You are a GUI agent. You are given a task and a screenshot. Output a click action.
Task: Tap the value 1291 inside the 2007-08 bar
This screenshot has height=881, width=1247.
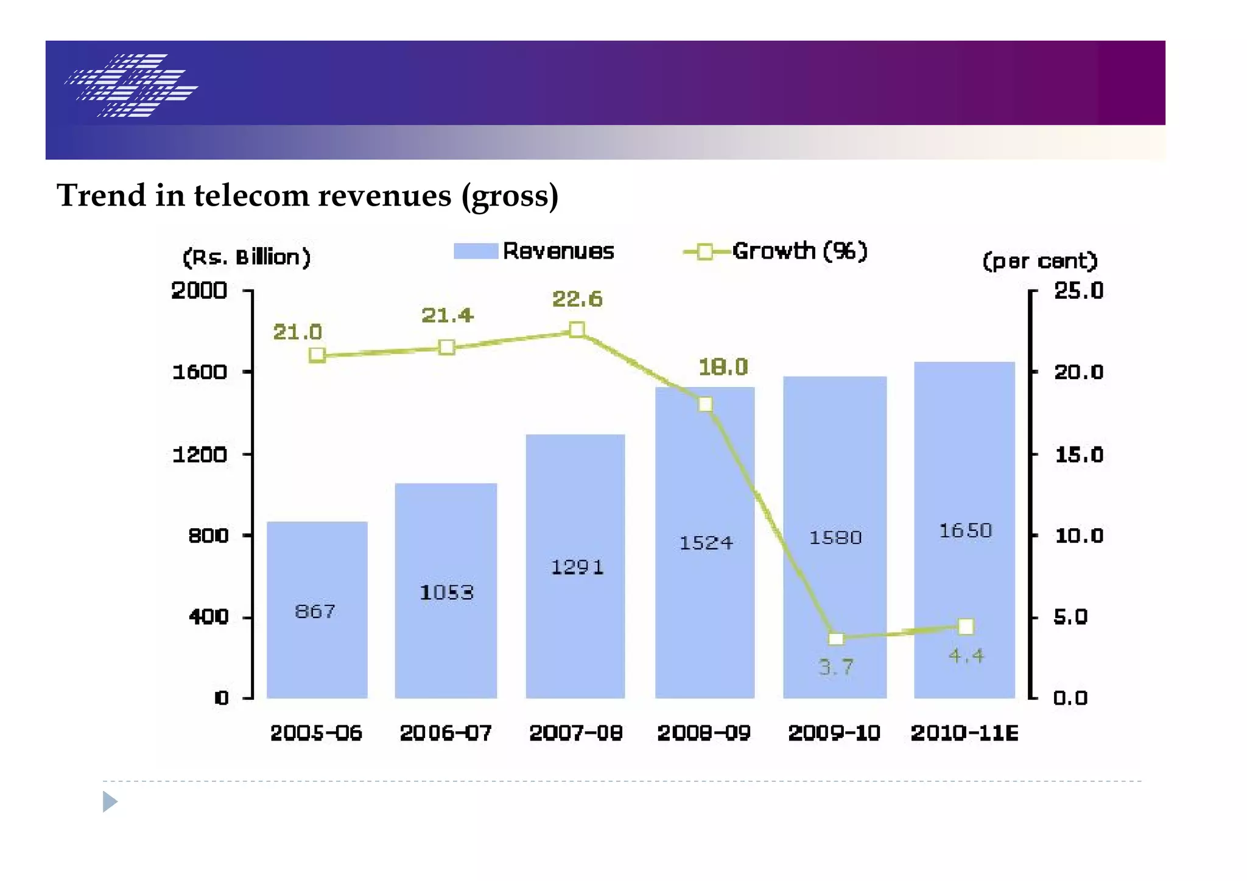[x=577, y=567]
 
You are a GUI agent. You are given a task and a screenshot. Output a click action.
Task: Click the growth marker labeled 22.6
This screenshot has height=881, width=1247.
[x=577, y=330]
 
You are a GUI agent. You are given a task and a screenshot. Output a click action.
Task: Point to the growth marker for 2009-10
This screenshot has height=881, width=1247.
[x=836, y=638]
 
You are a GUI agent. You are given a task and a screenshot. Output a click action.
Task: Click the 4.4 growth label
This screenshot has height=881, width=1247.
[x=966, y=656]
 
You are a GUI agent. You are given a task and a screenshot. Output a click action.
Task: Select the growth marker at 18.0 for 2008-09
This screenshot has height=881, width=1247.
[x=705, y=405]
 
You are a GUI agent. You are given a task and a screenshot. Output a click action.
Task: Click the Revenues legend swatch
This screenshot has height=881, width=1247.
[x=476, y=251]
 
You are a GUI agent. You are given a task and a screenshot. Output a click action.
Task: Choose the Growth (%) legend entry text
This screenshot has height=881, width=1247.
[x=799, y=251]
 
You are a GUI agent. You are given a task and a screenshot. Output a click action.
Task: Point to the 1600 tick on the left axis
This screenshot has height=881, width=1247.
[x=200, y=372]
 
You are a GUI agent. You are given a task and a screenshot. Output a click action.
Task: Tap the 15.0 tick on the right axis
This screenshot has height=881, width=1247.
[x=1078, y=454]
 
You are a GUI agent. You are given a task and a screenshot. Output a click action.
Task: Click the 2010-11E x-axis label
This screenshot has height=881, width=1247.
[x=964, y=733]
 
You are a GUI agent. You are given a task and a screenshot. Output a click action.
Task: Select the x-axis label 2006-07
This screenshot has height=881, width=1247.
[x=446, y=733]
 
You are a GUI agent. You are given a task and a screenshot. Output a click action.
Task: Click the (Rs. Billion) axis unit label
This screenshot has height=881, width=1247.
[x=247, y=257]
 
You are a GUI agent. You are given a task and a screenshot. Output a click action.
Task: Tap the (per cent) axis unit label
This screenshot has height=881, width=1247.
[x=1039, y=261]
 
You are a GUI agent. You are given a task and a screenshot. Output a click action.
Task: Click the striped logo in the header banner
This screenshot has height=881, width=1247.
[x=132, y=85]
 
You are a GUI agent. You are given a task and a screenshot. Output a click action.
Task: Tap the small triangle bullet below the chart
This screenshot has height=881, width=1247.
[x=110, y=801]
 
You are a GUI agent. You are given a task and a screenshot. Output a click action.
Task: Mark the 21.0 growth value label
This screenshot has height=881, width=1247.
[x=297, y=332]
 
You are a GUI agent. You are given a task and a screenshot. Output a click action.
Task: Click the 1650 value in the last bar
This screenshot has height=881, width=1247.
[x=965, y=531]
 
